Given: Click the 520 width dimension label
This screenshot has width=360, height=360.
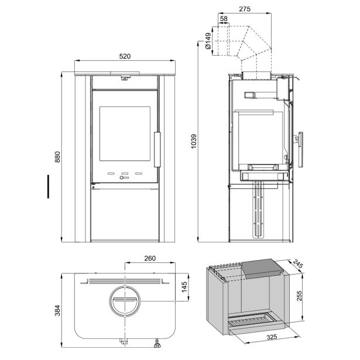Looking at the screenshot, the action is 125,56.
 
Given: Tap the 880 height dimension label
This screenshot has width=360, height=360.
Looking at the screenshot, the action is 57,157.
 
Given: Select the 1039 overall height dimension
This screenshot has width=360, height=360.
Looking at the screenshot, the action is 194,141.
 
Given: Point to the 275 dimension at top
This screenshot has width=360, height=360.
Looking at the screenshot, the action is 245,9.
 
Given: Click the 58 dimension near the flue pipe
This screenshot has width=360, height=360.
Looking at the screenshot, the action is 224,19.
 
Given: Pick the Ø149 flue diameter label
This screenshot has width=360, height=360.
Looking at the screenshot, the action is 208,41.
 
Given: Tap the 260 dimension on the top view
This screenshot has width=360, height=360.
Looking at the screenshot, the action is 150,258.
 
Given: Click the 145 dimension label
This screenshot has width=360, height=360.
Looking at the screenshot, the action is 184,287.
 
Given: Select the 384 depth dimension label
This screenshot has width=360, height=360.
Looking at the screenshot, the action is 57,310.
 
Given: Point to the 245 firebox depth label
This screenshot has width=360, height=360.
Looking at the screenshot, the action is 298,264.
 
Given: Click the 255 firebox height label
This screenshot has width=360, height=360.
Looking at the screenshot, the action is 299,296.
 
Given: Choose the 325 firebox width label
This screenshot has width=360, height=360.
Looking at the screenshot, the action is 272,337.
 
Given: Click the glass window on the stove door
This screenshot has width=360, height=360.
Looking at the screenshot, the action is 125,133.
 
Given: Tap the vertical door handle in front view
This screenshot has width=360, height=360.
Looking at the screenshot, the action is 157,149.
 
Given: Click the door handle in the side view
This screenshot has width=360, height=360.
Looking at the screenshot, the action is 300,149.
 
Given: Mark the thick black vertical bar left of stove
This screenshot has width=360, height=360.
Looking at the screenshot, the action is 48,186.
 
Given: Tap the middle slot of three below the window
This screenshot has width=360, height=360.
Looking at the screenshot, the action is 125,173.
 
